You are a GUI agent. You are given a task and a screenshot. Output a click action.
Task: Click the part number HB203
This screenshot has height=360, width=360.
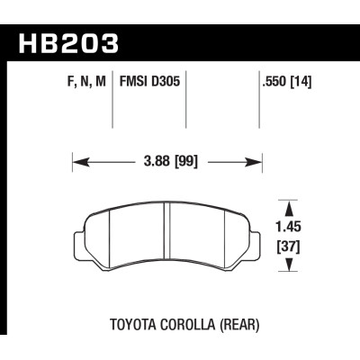(x=63, y=41)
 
